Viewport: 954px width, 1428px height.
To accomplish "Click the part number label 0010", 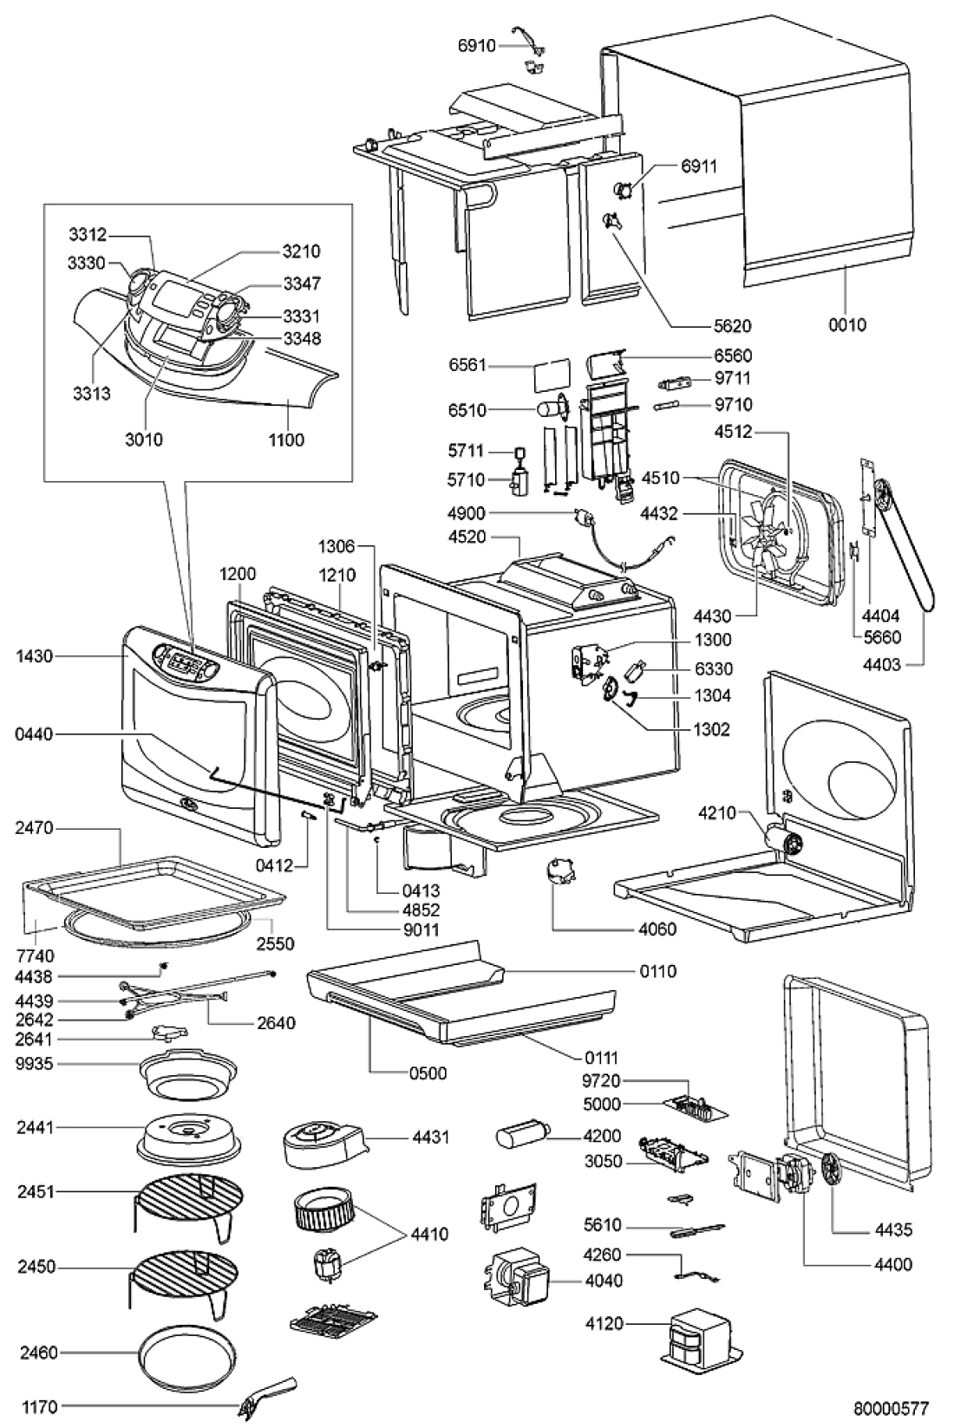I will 847,325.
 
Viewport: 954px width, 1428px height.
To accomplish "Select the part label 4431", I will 431,1136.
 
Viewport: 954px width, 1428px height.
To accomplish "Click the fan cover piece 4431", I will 322,1144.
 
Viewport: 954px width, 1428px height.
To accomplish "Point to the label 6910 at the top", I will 476,44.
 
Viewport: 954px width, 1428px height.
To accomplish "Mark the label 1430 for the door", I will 34,656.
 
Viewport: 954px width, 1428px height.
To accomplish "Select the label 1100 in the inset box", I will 286,440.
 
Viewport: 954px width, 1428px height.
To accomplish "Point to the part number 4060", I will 657,929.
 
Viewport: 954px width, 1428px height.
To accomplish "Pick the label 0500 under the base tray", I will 428,1073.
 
